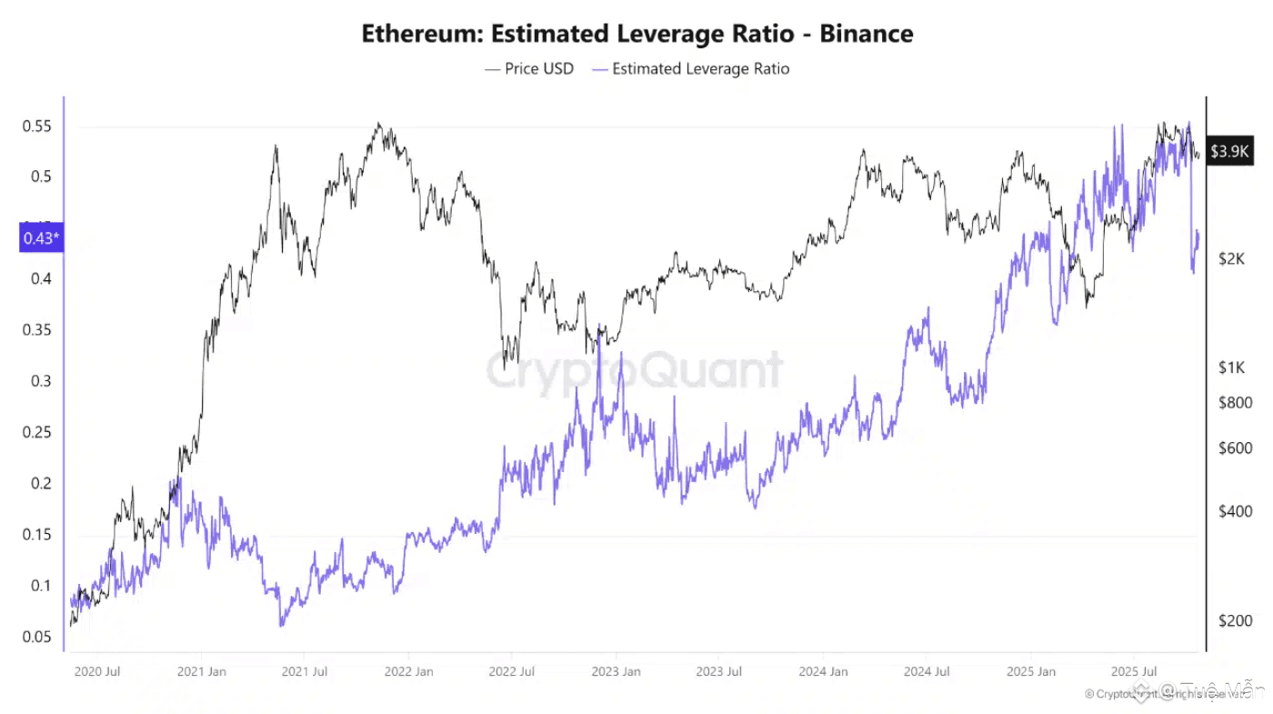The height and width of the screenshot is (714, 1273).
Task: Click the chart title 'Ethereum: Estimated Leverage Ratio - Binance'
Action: click(636, 34)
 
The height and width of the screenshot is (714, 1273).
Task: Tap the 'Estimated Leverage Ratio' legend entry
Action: click(690, 69)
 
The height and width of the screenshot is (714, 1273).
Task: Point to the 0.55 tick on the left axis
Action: click(37, 126)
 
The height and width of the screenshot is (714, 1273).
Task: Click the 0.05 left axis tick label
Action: click(37, 637)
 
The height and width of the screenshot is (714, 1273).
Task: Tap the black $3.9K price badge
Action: click(1231, 151)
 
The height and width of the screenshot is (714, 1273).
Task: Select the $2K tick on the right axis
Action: click(1231, 259)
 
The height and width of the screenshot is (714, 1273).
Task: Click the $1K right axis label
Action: click(1231, 367)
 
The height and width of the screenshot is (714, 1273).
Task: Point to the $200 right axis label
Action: click(1235, 621)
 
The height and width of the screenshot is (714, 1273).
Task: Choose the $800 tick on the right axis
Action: click(1235, 402)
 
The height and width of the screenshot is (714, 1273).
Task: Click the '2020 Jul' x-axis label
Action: click(96, 672)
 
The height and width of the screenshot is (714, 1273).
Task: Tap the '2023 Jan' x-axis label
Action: click(616, 672)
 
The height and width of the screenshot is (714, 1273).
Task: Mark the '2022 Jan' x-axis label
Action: click(408, 672)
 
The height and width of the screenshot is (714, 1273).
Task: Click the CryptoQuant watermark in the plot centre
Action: click(634, 371)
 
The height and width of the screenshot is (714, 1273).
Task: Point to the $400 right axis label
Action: click(1235, 511)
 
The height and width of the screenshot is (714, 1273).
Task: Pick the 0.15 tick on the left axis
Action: click(37, 535)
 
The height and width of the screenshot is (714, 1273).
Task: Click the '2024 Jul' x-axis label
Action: click(927, 672)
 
